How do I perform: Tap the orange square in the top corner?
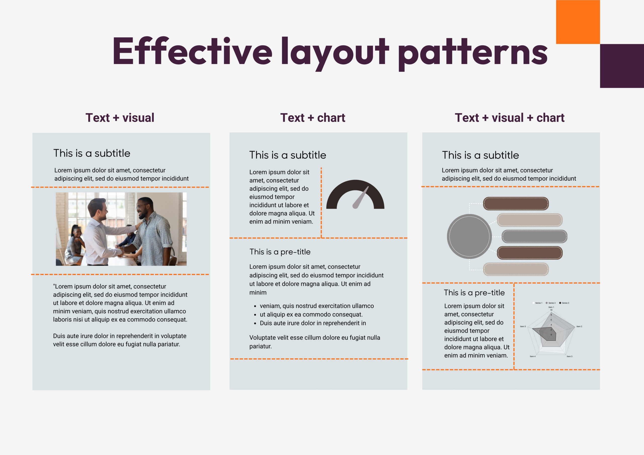pos(578,22)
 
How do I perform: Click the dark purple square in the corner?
pos(622,66)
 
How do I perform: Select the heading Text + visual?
pos(120,117)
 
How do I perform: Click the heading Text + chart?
pos(312,117)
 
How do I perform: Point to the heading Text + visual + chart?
pos(509,117)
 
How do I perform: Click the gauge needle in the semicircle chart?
pos(360,198)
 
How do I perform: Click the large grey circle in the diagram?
pos(469,236)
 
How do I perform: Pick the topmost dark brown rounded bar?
pos(515,204)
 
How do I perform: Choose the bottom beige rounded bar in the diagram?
pos(515,269)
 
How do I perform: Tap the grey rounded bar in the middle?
pos(534,236)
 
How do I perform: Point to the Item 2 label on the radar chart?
pos(579,326)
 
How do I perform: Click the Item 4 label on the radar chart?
pos(532,356)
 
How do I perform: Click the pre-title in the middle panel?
pos(280,252)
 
